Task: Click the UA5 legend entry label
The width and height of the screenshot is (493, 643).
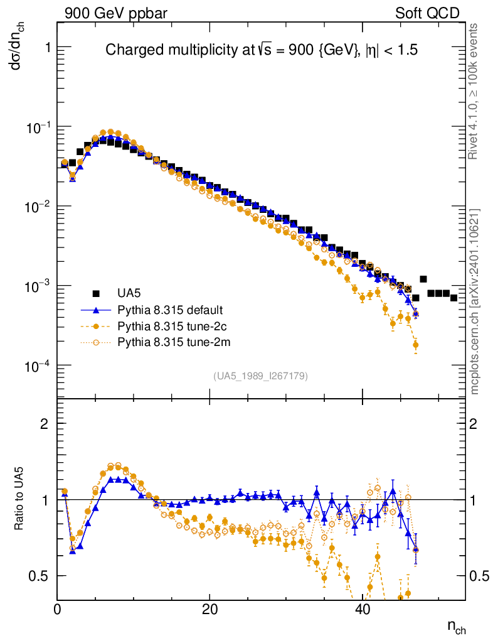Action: [x=129, y=293]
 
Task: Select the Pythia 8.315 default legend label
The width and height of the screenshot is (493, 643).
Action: [x=170, y=310]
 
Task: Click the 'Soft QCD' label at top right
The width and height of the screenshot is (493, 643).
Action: [x=427, y=13]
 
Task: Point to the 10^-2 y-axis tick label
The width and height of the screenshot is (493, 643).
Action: [x=36, y=207]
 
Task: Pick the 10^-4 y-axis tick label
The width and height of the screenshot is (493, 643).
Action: [x=36, y=365]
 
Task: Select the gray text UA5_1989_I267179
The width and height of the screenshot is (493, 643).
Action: [x=260, y=376]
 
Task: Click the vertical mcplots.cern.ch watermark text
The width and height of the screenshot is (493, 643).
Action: [x=476, y=301]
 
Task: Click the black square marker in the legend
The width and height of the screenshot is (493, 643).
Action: [x=97, y=293]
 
